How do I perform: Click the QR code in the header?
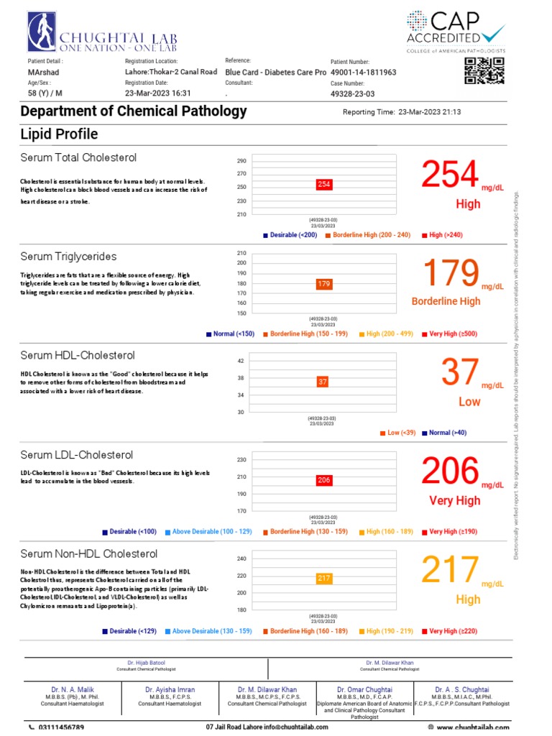coord(484,70)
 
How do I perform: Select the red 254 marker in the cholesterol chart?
coord(324,185)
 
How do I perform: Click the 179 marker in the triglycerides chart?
coord(323,284)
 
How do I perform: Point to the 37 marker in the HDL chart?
coord(323,382)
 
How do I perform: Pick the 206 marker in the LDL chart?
coord(323,480)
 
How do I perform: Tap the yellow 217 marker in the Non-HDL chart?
coord(323,578)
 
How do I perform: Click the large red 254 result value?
coord(449,176)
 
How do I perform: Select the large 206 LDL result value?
coord(449,472)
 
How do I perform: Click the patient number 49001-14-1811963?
coord(364,73)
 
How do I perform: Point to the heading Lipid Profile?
coord(59,134)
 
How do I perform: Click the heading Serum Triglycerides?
coord(68,257)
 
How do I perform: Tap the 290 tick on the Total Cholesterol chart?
coord(241,161)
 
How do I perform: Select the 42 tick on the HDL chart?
coord(241,361)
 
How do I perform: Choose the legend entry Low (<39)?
coord(399,433)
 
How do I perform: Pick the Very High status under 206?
coord(454,500)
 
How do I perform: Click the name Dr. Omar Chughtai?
coord(364,689)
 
